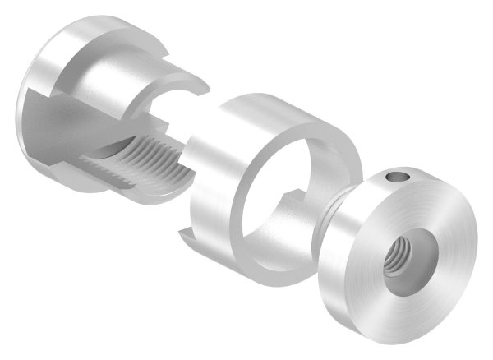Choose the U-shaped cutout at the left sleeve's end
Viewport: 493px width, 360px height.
177,111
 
